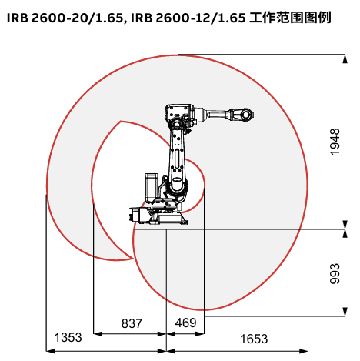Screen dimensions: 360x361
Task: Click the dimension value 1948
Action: [x=335, y=142]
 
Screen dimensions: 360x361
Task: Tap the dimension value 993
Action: [x=335, y=273]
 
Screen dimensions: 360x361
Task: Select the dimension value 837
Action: [x=132, y=323]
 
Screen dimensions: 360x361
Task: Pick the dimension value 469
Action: [x=185, y=323]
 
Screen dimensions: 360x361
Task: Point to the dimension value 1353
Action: [x=68, y=337]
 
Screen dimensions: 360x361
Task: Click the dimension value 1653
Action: [x=254, y=339]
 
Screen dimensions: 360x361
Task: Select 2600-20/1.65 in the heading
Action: [x=78, y=18]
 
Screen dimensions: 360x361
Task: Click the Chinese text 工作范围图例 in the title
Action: [x=290, y=18]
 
